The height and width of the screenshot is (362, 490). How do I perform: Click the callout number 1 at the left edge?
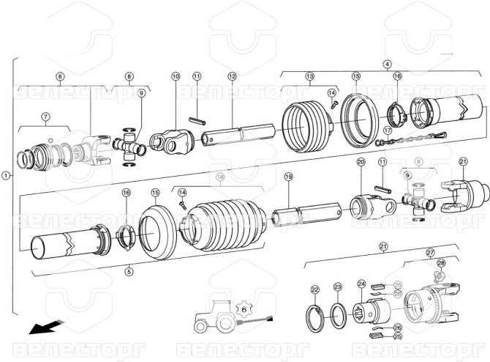(7, 176)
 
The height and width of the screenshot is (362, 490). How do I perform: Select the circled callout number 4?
(387, 64)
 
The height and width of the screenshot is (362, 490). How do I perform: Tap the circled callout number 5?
(129, 271)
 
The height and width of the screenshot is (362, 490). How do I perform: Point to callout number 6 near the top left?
(60, 76)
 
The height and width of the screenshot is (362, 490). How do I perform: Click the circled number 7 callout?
(45, 117)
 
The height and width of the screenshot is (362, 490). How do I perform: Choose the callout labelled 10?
(176, 76)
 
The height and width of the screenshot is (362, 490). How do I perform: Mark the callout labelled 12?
(232, 76)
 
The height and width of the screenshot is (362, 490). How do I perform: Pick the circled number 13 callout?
(309, 76)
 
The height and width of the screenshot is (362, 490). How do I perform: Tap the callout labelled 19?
(288, 177)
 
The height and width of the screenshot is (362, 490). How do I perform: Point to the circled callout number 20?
(361, 161)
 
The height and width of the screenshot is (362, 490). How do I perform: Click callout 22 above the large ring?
(315, 289)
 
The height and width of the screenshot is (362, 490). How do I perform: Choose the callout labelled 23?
(337, 287)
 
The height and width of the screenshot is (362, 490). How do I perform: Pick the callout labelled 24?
(361, 284)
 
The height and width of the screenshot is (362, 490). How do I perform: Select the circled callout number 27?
(430, 252)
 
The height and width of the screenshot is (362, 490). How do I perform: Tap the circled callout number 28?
(440, 262)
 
